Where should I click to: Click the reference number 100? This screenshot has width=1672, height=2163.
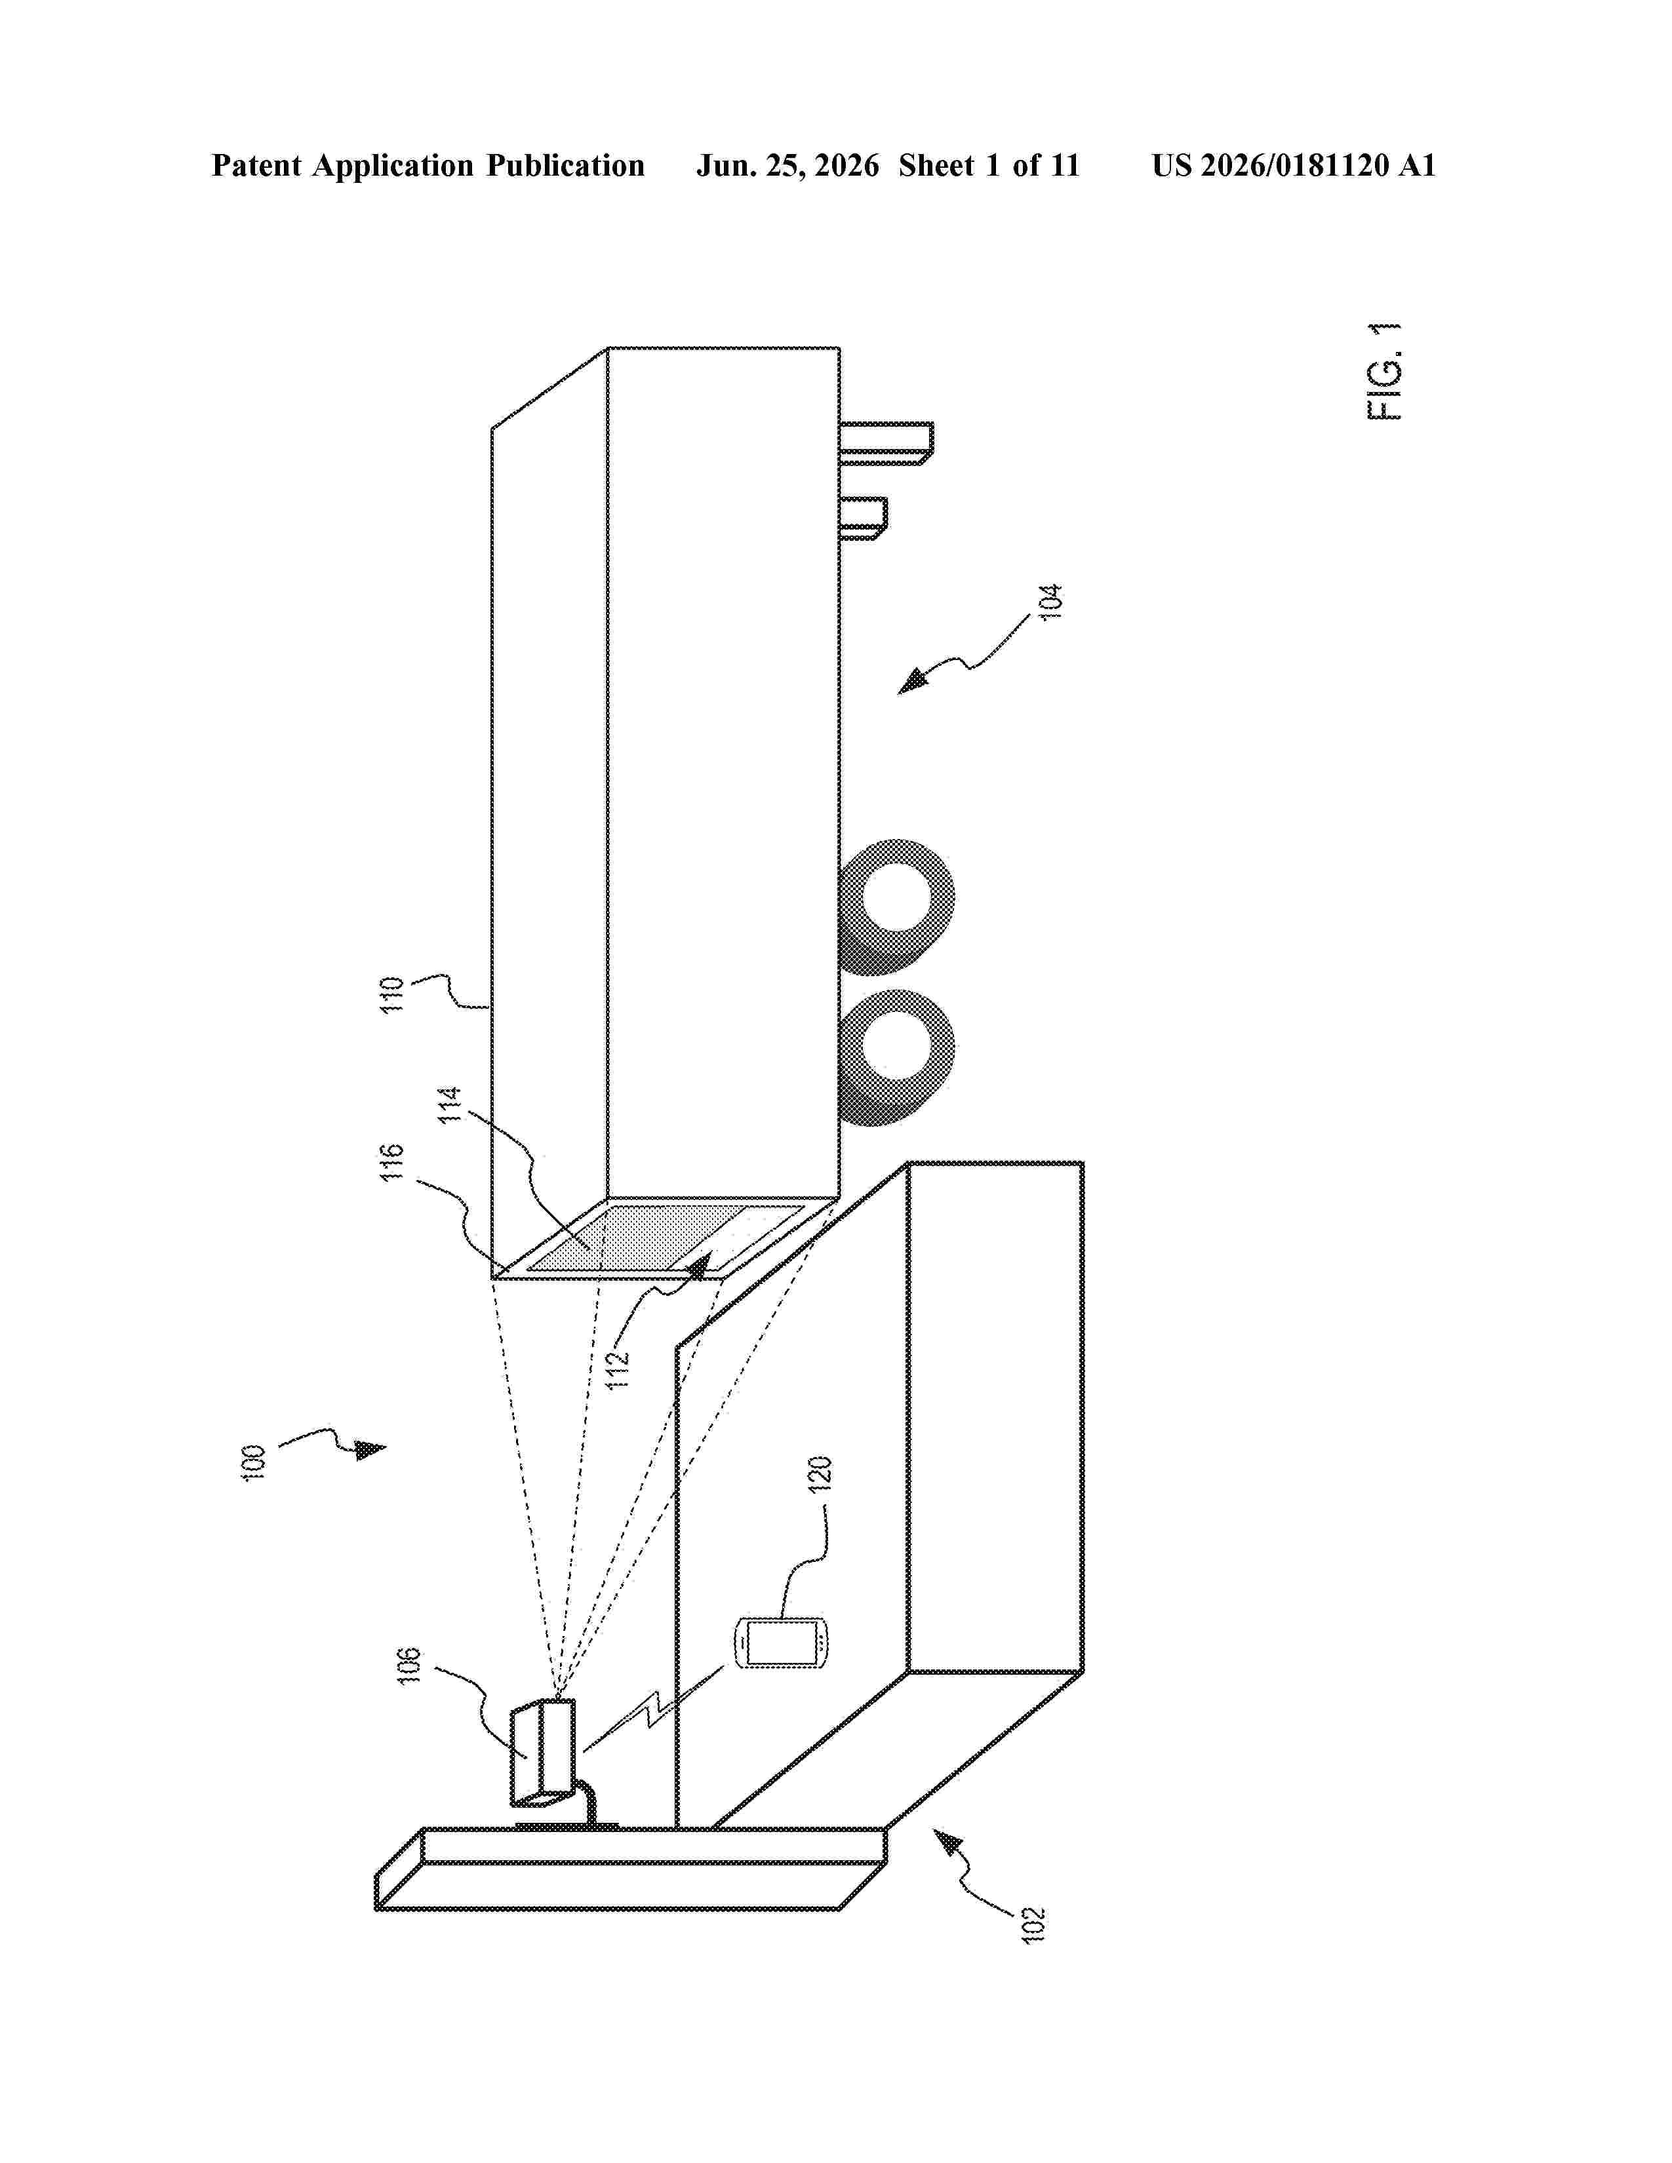tap(254, 1464)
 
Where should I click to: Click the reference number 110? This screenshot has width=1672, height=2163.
tap(393, 994)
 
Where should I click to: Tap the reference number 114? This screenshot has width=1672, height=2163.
tap(450, 1104)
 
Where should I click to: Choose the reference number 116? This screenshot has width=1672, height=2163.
tap(393, 1161)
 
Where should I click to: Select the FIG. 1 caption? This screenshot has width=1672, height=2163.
tap(1385, 372)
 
